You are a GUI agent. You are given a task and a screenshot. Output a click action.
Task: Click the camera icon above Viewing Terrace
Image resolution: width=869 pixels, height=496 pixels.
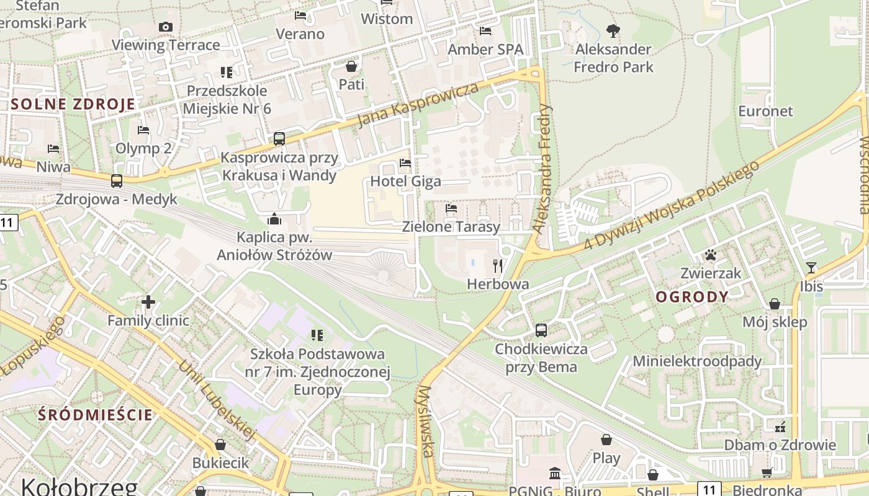(165, 27)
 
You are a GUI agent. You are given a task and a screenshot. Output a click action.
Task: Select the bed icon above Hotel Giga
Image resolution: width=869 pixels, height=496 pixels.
(405, 163)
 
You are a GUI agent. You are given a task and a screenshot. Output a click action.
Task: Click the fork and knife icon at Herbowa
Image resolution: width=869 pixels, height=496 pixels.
(497, 266)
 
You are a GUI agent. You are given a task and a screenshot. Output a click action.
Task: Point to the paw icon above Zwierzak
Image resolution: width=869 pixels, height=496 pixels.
(711, 255)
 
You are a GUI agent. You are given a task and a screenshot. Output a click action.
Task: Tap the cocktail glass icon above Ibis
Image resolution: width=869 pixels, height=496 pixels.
(811, 268)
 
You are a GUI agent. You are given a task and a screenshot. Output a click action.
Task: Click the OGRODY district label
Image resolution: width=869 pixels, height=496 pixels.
(691, 297)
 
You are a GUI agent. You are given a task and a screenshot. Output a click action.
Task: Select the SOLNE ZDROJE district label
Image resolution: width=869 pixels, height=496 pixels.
(73, 104)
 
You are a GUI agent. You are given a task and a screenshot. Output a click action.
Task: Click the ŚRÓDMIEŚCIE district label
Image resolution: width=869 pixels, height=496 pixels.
(95, 415)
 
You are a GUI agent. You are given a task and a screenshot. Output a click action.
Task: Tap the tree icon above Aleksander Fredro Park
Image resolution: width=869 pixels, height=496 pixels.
(613, 30)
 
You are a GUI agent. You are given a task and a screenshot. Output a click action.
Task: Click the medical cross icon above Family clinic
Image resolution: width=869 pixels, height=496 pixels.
(148, 303)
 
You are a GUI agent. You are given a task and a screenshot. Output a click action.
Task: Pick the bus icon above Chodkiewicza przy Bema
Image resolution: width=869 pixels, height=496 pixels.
(541, 330)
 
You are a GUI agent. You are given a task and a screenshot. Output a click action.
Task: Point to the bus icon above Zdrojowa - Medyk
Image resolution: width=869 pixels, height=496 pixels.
(116, 181)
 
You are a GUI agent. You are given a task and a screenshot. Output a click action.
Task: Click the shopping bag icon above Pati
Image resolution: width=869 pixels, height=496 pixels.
(351, 66)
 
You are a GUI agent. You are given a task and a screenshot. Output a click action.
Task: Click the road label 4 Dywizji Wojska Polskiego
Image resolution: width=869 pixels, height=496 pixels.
(671, 206)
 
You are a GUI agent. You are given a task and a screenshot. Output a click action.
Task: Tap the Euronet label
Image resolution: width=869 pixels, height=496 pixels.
(765, 112)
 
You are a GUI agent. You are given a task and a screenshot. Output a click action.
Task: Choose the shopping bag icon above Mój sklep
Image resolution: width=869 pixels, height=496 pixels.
(774, 304)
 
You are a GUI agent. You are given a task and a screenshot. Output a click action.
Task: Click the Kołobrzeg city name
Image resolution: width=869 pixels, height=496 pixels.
(79, 485)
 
